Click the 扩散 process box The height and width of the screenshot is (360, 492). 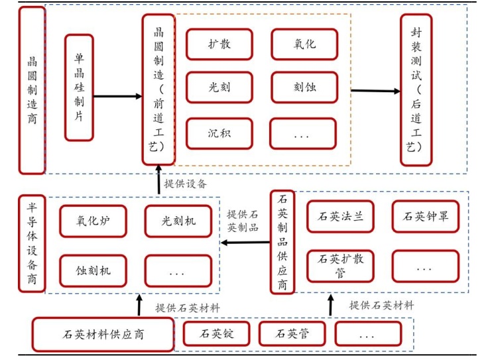(219, 45)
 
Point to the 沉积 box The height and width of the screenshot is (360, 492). (219, 133)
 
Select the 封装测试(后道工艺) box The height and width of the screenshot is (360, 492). (416, 90)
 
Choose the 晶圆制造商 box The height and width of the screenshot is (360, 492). (32, 90)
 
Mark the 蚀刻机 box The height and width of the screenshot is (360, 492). (92, 270)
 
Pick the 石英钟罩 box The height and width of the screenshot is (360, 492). (425, 216)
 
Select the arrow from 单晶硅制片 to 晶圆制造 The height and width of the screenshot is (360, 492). (118, 97)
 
